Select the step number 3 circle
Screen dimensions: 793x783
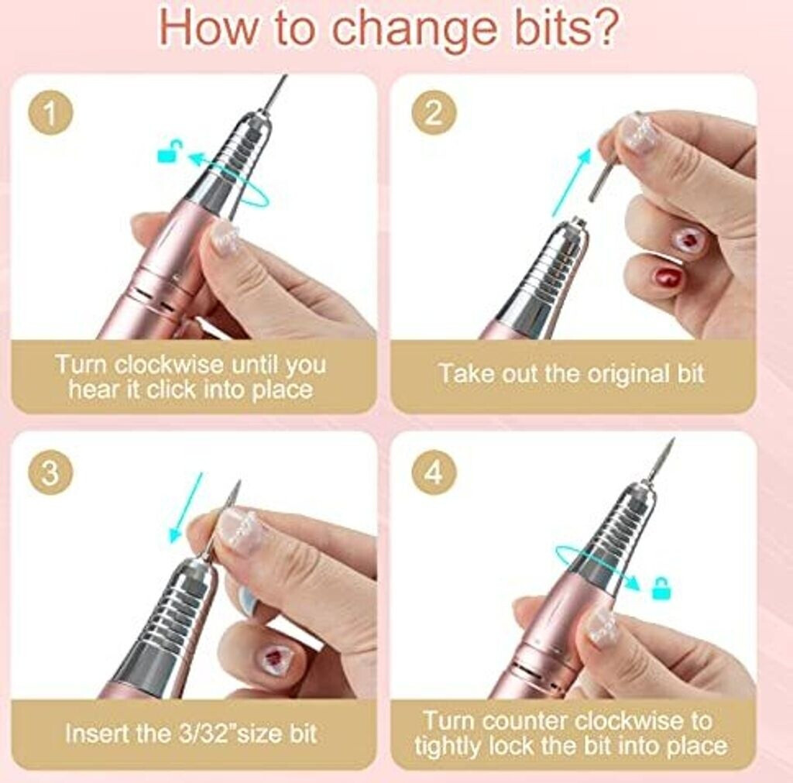coord(50,473)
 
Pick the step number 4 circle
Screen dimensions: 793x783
coord(434,473)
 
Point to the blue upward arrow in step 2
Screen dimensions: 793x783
coord(571,183)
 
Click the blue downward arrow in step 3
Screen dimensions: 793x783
coord(186,507)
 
